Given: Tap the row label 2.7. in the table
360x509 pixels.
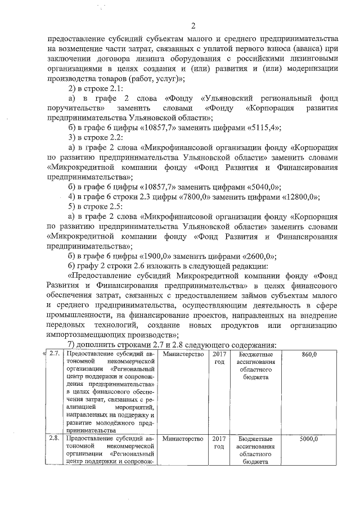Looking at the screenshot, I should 54,355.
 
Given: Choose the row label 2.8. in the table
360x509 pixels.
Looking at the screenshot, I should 54,439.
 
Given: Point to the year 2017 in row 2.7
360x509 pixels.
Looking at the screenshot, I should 219,355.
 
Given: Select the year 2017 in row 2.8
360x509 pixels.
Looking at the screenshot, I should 219,439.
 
